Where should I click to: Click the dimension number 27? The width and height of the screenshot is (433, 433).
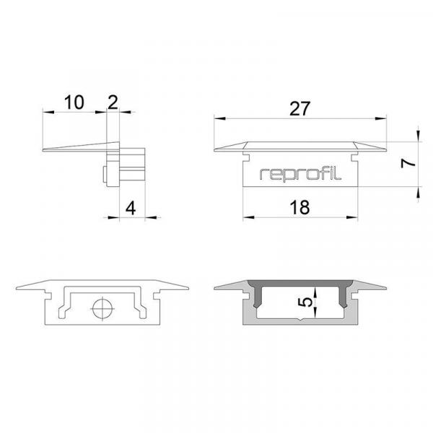pos(299,109)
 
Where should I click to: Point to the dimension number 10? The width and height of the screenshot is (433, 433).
pos(73,102)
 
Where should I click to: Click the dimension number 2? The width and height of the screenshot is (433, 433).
pos(112,102)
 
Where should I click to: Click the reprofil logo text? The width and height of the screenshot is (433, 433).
pos(300,173)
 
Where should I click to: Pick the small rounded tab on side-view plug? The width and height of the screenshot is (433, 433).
pos(106,174)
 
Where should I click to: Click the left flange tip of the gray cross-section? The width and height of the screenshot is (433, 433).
pos(216,289)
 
